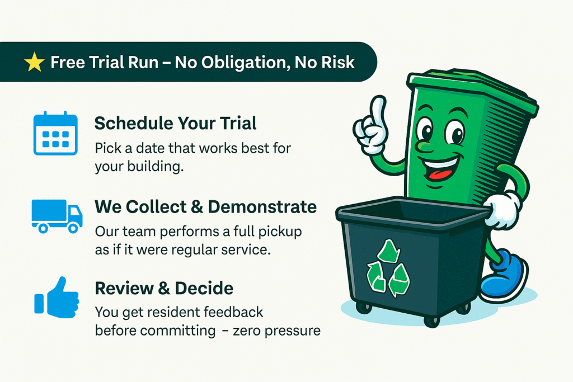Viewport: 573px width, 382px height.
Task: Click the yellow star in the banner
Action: coord(34,62)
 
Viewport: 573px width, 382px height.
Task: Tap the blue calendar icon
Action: coord(55,133)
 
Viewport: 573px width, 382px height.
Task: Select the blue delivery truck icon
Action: coord(57,216)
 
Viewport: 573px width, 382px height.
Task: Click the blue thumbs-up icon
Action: coord(57,298)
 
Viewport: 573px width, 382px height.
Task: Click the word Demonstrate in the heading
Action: coord(262,207)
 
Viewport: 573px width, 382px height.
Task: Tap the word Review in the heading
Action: coord(124,288)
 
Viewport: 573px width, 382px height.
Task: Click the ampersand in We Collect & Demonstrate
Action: coord(196,207)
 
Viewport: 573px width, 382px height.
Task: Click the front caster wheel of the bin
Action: coord(431,321)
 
